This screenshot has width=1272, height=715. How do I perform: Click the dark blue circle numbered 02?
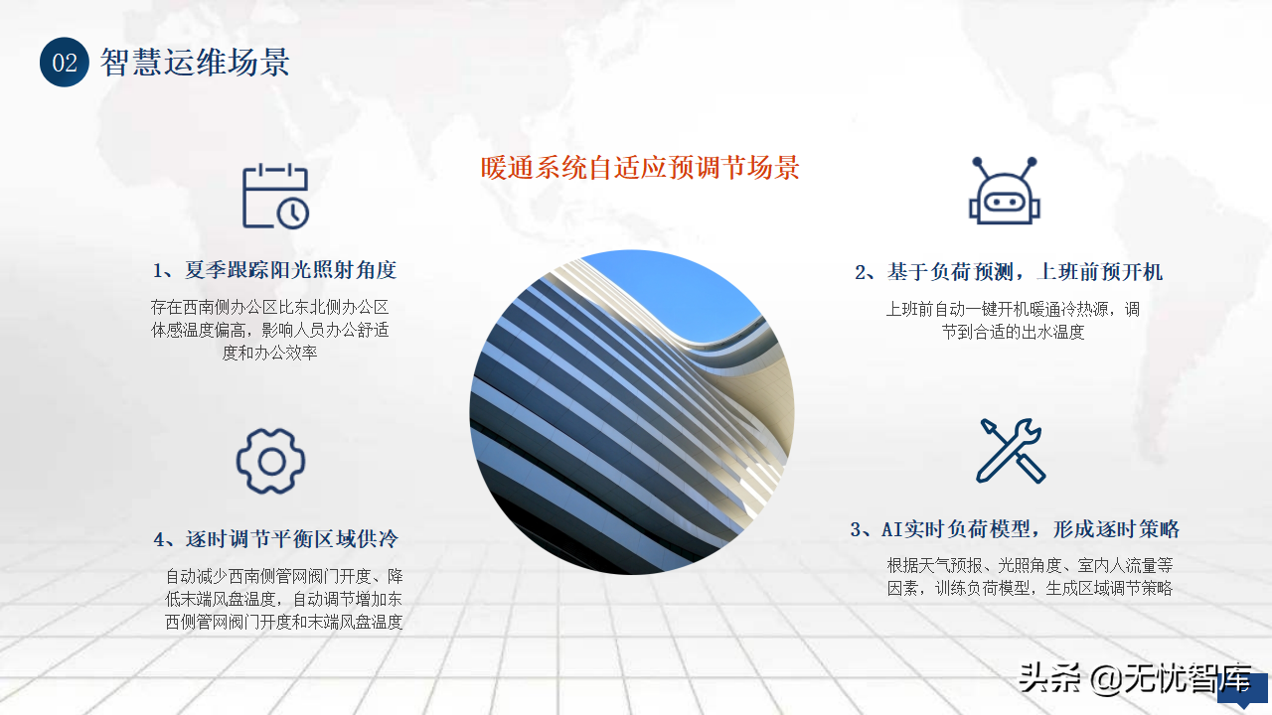(65, 62)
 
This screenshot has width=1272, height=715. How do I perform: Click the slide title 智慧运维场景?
(195, 62)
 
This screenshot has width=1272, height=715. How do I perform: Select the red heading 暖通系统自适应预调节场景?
(640, 168)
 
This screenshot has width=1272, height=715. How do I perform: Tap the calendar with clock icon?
(275, 196)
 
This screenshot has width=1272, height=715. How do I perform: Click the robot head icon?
(1004, 190)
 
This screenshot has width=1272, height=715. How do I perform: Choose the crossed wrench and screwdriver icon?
(1011, 451)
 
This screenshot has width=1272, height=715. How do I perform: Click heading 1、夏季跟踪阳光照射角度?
(275, 270)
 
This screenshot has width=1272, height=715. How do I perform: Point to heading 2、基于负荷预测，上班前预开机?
(1009, 272)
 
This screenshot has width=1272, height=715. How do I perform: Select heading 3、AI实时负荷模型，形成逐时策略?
(1015, 529)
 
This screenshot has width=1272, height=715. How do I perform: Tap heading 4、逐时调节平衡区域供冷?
(276, 539)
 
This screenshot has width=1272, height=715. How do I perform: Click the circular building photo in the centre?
(631, 412)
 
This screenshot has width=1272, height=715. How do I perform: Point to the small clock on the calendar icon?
(293, 214)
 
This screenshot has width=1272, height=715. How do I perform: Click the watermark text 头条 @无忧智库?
(1135, 678)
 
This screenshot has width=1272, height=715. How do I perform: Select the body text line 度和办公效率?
(269, 353)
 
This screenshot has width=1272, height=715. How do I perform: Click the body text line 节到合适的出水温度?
(1013, 332)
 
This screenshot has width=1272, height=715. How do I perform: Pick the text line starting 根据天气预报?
(1030, 565)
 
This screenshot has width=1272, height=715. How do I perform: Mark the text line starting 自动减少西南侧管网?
(284, 577)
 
